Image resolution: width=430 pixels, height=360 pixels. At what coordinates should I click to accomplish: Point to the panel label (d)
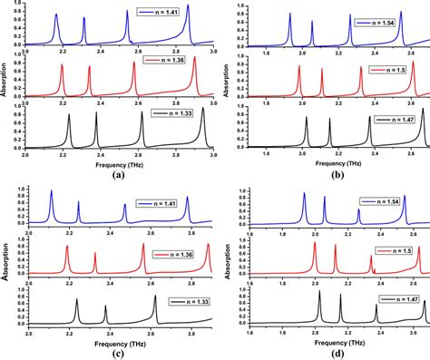click(331, 351)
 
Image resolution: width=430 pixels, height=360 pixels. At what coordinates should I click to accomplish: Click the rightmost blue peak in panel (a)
click(189, 7)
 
